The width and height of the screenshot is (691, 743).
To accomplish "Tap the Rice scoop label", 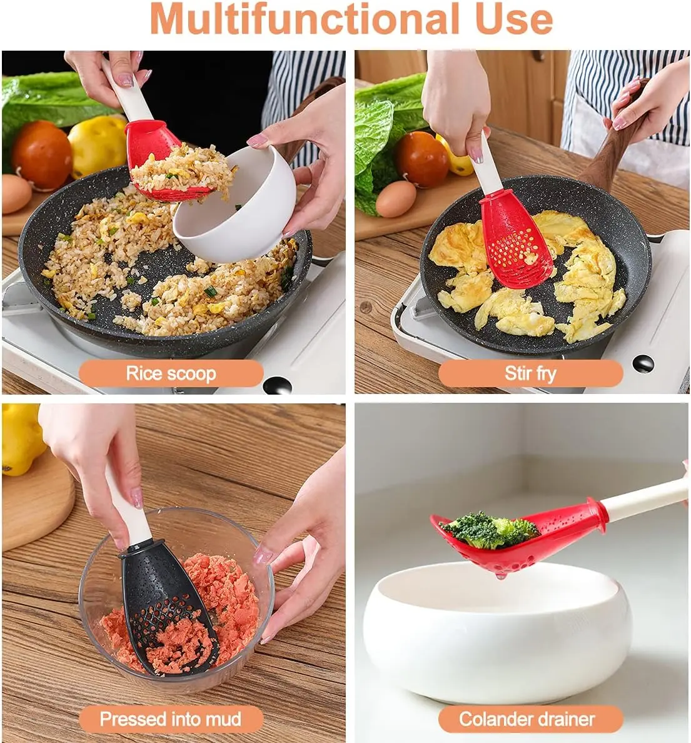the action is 171,373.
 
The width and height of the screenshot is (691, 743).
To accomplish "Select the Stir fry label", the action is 530,373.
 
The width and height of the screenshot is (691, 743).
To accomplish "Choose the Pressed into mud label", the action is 171,719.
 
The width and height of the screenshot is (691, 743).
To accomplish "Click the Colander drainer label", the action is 527,719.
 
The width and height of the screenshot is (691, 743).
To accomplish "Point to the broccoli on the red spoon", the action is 488,530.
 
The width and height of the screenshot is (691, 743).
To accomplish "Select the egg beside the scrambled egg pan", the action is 396,199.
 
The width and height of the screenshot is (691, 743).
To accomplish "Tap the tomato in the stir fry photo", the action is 422,159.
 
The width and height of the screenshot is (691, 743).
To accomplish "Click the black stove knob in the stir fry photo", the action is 643,363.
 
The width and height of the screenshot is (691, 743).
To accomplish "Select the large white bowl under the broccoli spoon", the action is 498,630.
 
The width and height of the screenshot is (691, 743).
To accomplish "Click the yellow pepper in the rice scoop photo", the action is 97,144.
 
